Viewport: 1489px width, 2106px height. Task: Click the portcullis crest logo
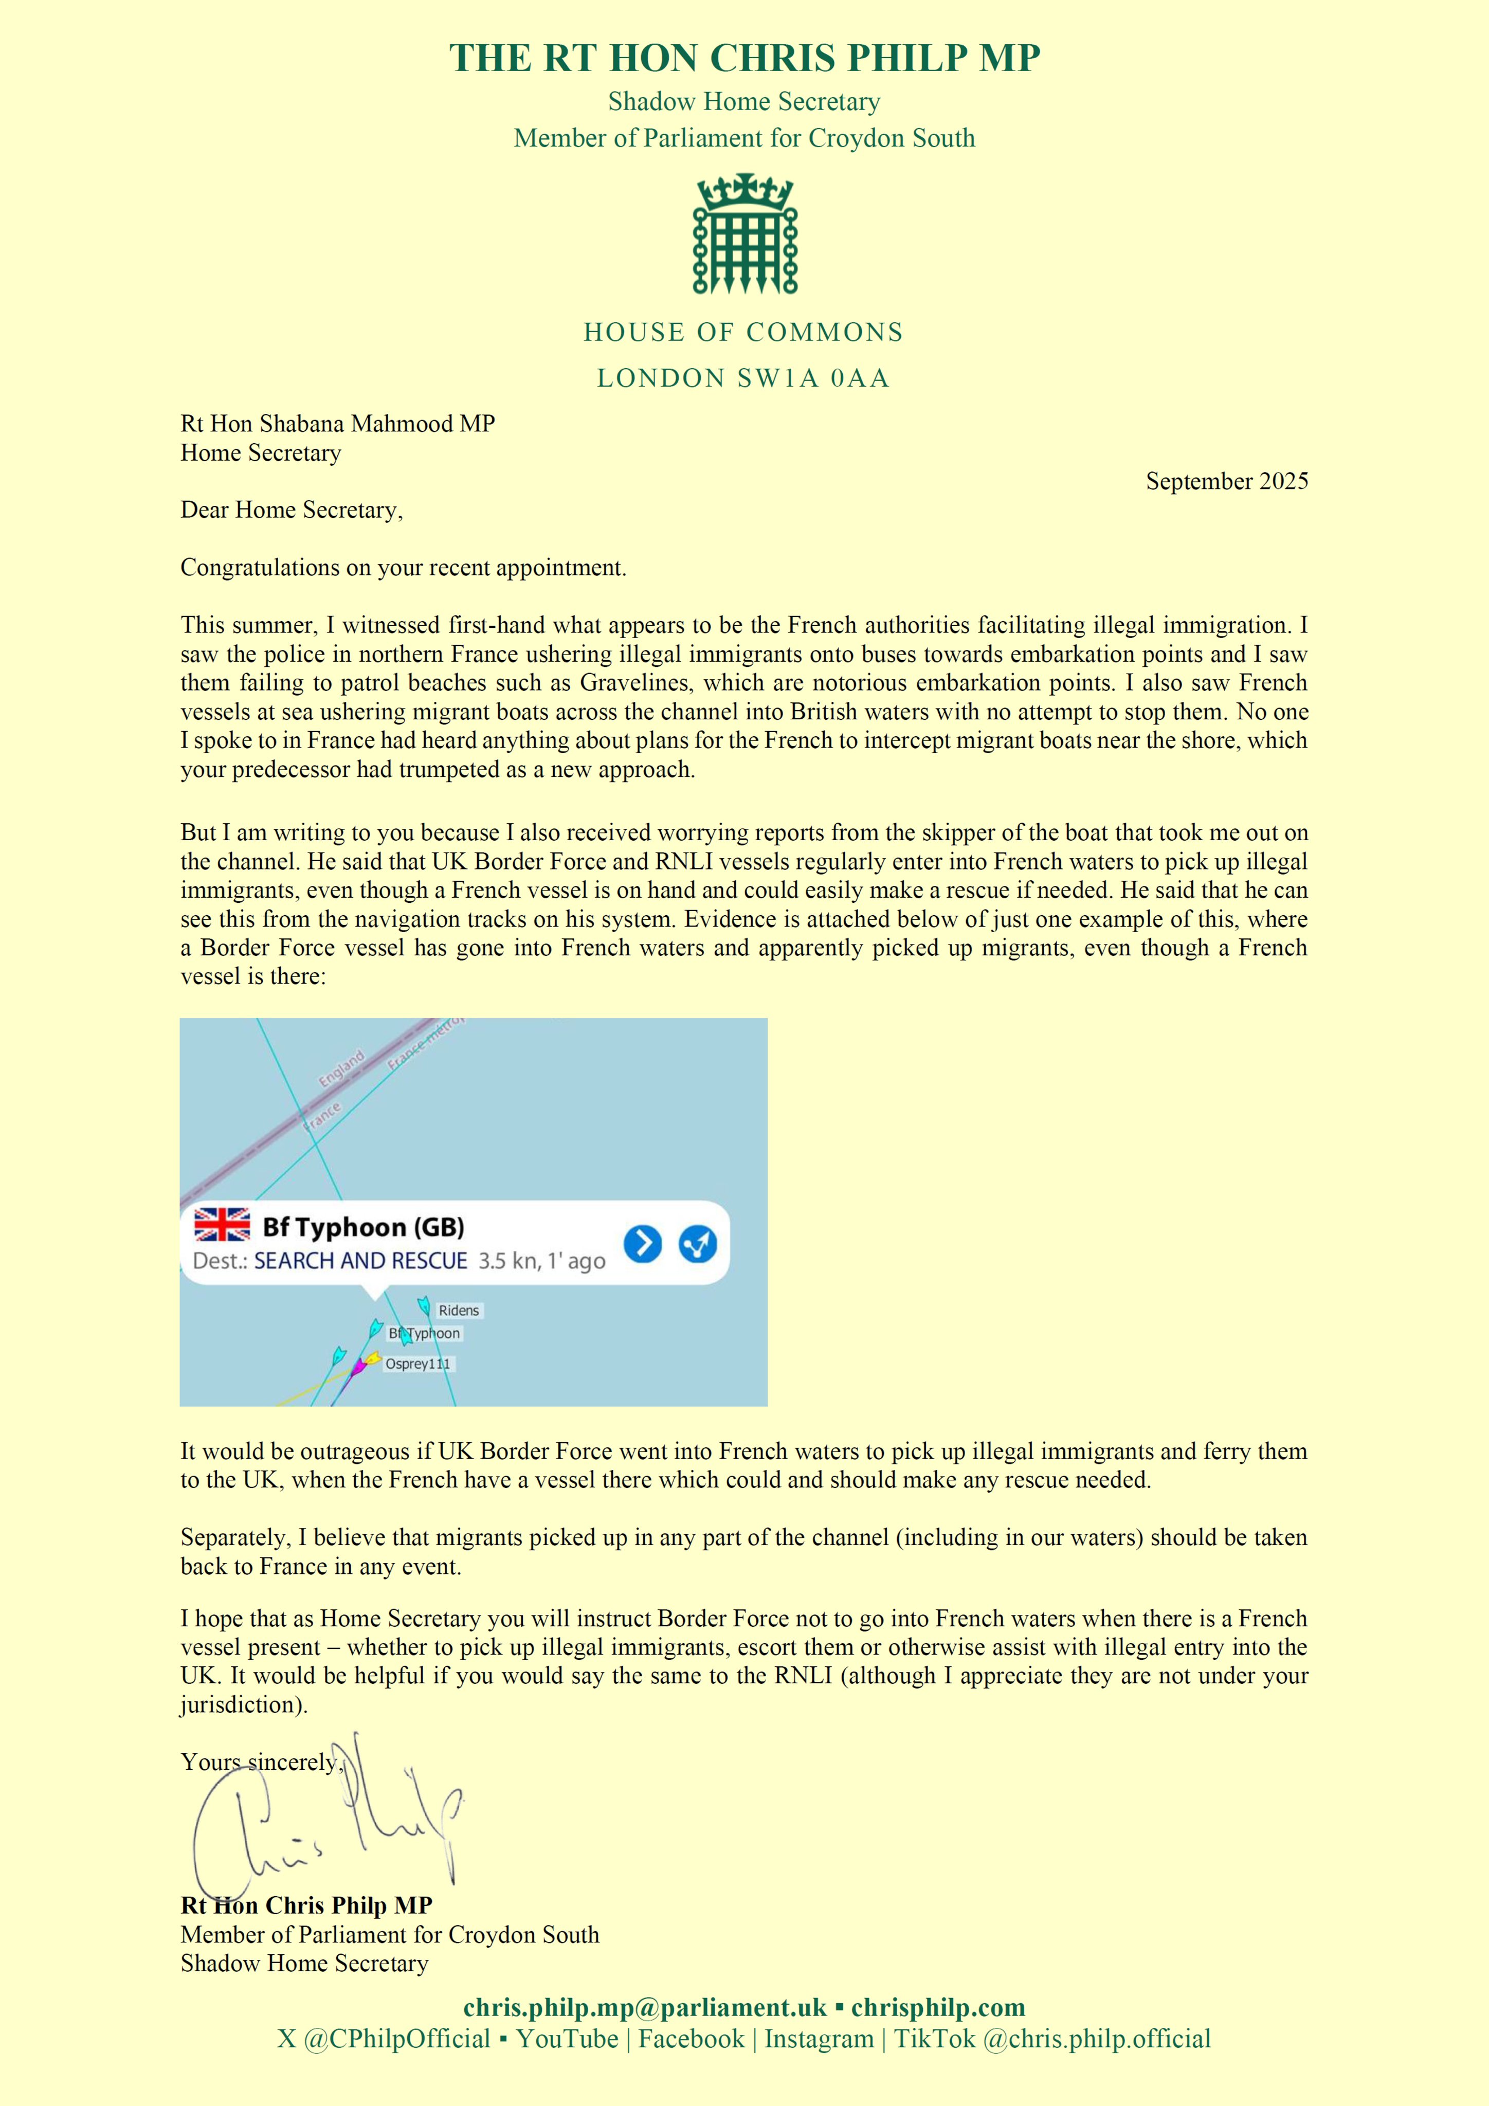(744, 234)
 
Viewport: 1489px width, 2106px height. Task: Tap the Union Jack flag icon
(222, 1225)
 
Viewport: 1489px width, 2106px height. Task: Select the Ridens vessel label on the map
(458, 1311)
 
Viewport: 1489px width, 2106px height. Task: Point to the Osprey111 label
(417, 1364)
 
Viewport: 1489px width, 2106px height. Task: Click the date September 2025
(1227, 482)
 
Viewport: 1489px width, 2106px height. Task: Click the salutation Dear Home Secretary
(292, 510)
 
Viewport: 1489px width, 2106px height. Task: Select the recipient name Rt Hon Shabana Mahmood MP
(338, 424)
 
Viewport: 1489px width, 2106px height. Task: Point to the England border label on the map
(341, 1068)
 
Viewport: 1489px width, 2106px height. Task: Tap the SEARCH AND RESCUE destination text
(360, 1261)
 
